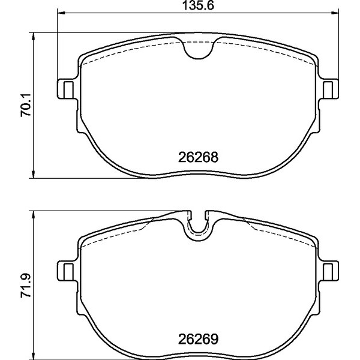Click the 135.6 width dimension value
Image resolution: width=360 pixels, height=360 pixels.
198,6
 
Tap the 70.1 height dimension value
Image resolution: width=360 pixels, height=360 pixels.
26,105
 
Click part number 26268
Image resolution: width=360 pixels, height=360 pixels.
198,157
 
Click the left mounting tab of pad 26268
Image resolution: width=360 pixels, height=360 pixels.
66,89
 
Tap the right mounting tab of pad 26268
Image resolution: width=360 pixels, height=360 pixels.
329,89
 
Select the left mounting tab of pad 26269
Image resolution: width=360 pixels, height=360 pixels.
66,271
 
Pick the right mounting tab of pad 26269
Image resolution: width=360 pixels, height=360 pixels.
329,271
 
